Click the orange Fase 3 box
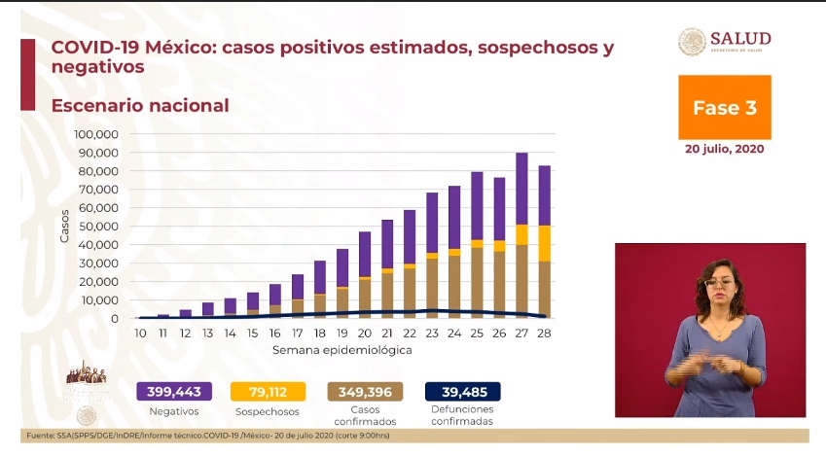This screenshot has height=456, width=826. click(724, 108)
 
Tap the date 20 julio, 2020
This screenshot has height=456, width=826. click(724, 149)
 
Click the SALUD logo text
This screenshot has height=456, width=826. click(740, 38)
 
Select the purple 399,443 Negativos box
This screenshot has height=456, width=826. click(174, 392)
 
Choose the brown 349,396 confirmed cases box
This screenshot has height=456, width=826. click(366, 392)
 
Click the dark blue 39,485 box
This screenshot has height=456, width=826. click(463, 392)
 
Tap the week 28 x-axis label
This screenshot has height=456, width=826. click(545, 333)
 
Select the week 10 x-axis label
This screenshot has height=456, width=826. click(140, 333)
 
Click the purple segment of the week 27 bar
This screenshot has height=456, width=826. click(521, 189)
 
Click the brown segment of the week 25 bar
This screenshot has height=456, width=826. click(477, 282)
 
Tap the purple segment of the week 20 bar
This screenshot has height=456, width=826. click(364, 255)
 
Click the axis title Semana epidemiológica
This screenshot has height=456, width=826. click(341, 349)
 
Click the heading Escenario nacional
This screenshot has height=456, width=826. click(140, 105)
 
